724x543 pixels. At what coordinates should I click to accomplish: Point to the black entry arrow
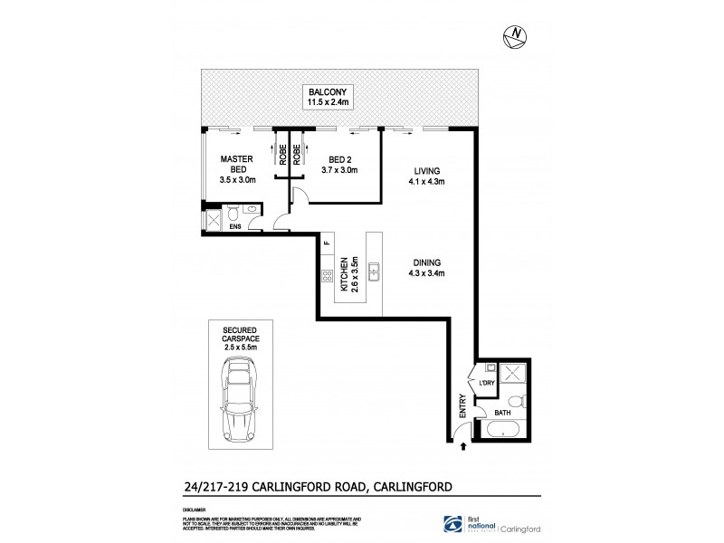coord(464,446)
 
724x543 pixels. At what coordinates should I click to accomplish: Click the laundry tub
coord(489,368)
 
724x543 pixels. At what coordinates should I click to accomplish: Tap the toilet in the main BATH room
coord(515,400)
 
